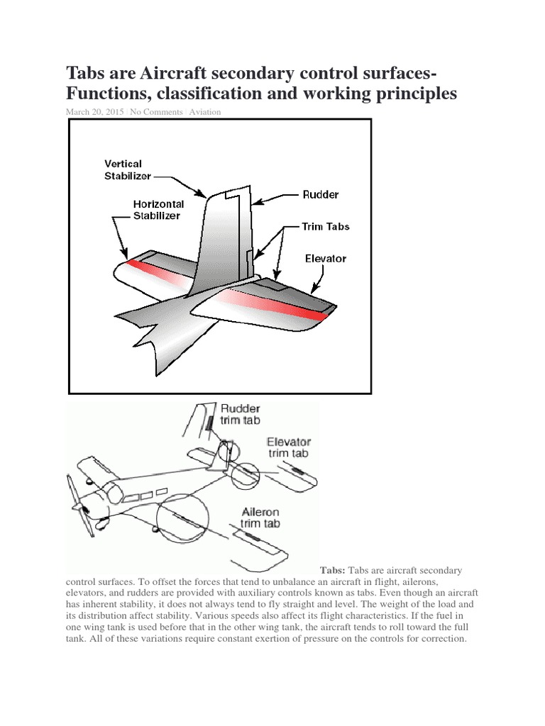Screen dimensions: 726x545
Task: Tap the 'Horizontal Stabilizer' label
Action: (x=158, y=209)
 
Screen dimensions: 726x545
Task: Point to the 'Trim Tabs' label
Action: (x=326, y=227)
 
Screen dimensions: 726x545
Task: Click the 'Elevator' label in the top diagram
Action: (x=325, y=258)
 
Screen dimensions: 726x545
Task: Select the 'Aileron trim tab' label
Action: (x=259, y=518)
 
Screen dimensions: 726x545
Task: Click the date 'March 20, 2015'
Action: (x=95, y=112)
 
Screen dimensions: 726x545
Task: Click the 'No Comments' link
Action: (x=155, y=112)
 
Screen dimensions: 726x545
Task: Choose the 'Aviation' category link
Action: (x=204, y=112)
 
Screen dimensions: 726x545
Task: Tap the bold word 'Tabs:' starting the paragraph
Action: (x=333, y=570)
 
